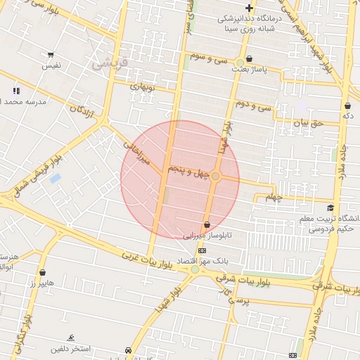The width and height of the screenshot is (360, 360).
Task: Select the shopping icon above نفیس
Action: (51, 55)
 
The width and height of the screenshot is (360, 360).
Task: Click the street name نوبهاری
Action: (141, 88)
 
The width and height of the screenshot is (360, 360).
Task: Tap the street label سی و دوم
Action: (254, 105)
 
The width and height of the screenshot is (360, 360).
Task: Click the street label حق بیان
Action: (307, 123)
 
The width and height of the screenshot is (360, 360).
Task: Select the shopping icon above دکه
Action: (347, 105)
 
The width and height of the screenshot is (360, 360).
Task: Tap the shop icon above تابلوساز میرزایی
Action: (206, 225)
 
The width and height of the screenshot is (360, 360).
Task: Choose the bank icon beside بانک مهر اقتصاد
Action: (202, 250)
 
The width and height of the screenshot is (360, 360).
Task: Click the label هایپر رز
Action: (43, 283)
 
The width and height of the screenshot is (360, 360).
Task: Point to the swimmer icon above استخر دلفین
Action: (70, 337)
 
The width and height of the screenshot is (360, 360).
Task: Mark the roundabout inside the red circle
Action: (216, 176)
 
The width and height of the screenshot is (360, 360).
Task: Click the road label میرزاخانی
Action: (138, 152)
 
